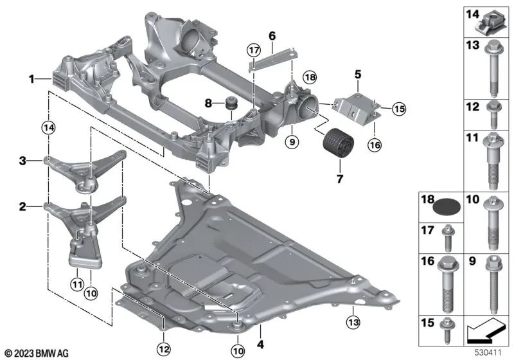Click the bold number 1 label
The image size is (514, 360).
tap(30, 80)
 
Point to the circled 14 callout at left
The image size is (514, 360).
tap(46, 128)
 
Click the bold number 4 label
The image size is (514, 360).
tap(260, 333)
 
